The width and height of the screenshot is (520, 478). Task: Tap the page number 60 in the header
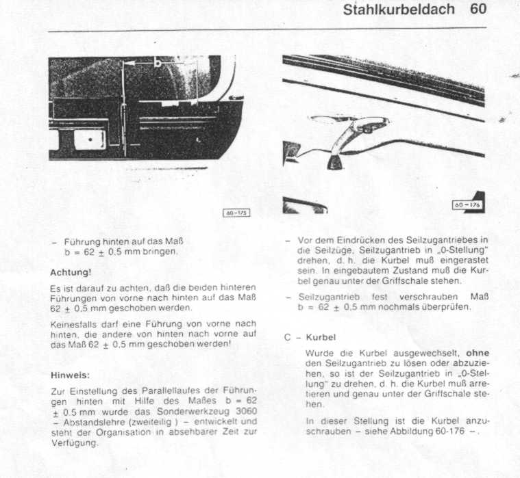478,10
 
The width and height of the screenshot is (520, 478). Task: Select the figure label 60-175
237,213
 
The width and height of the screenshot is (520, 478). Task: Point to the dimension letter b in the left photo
158,63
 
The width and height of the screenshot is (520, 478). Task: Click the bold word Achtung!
71,273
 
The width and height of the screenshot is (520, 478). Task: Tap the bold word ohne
477,353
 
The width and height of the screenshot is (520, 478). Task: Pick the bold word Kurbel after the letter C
321,338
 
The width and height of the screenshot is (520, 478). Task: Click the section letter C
288,338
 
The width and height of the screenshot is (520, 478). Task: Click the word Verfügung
74,442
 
